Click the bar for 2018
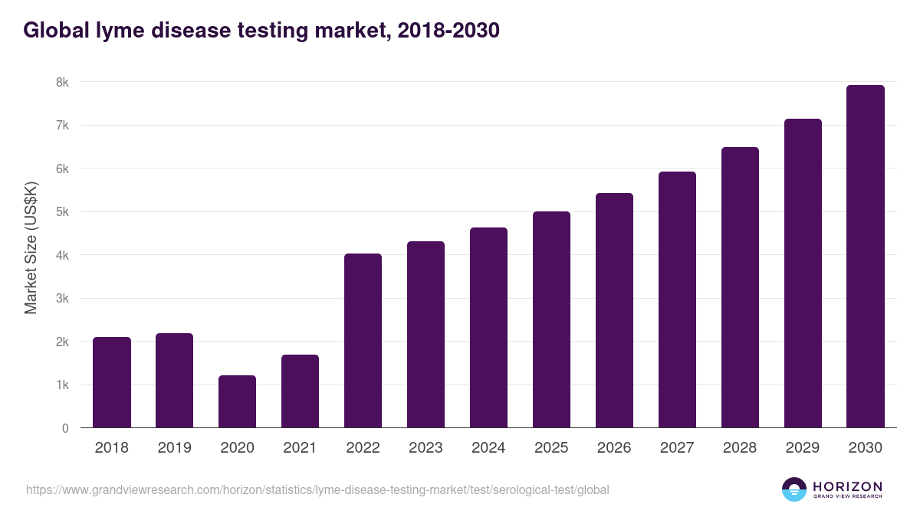click(x=112, y=382)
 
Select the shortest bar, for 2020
click(x=237, y=401)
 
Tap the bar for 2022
click(x=363, y=340)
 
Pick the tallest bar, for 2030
click(x=865, y=256)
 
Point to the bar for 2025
click(x=551, y=319)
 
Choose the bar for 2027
click(x=677, y=299)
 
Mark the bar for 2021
click(x=300, y=391)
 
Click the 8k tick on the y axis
click(x=61, y=82)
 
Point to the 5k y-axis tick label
click(x=61, y=212)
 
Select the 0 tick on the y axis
click(x=65, y=428)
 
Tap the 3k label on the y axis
click(x=61, y=299)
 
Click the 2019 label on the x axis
click(x=175, y=448)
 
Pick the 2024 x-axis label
click(x=488, y=448)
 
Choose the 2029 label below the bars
click(x=803, y=448)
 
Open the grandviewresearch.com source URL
click(x=317, y=489)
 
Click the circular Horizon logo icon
click(x=793, y=489)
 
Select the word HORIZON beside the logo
click(x=847, y=486)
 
